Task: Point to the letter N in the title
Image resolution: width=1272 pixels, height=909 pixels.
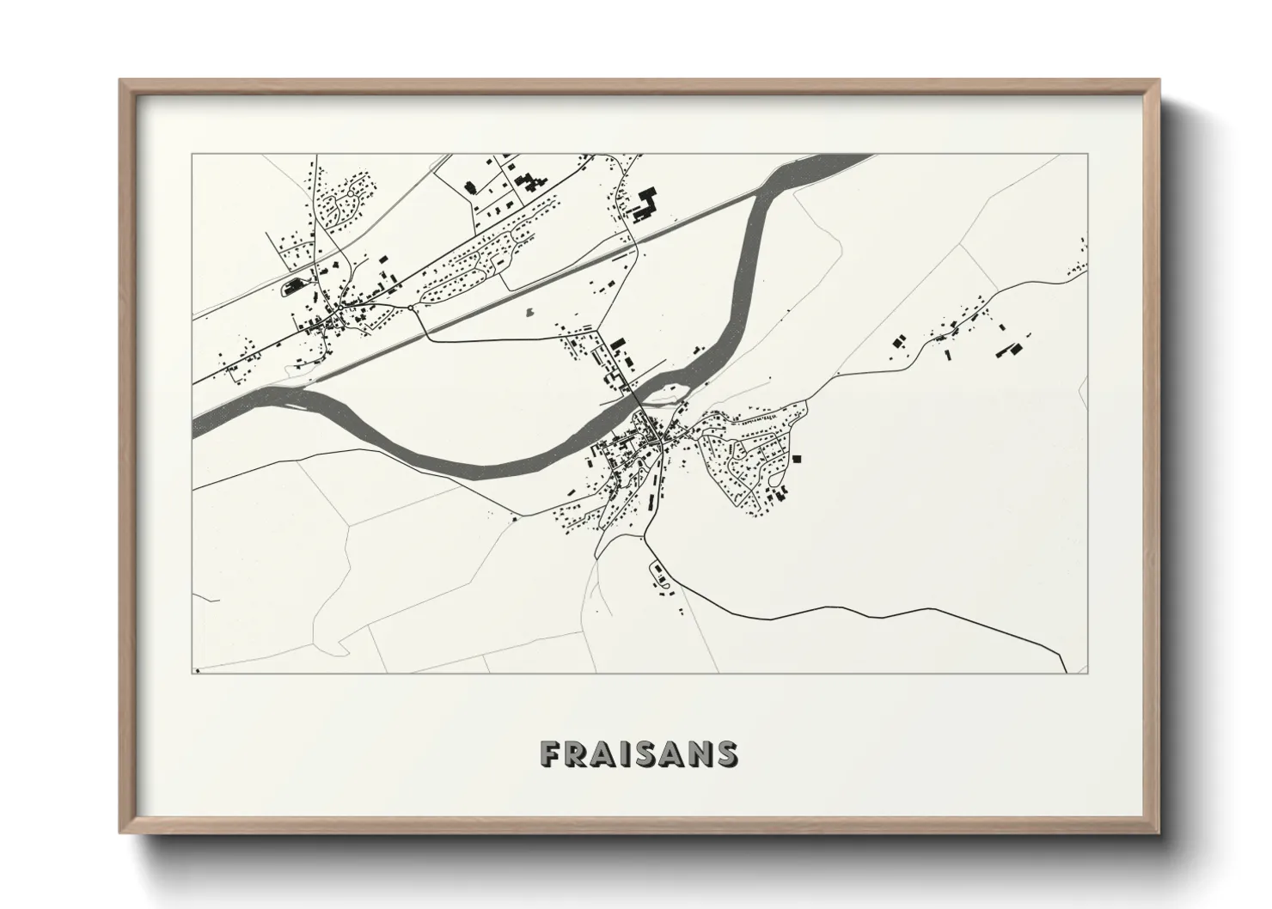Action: tap(701, 753)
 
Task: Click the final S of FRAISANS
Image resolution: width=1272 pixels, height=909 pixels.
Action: tap(727, 753)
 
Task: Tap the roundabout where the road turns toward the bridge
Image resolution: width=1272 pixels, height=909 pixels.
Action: tap(412, 307)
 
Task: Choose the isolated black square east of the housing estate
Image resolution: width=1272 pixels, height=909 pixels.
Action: tap(796, 458)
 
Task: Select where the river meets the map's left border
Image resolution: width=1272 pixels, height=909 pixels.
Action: tap(195, 427)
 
